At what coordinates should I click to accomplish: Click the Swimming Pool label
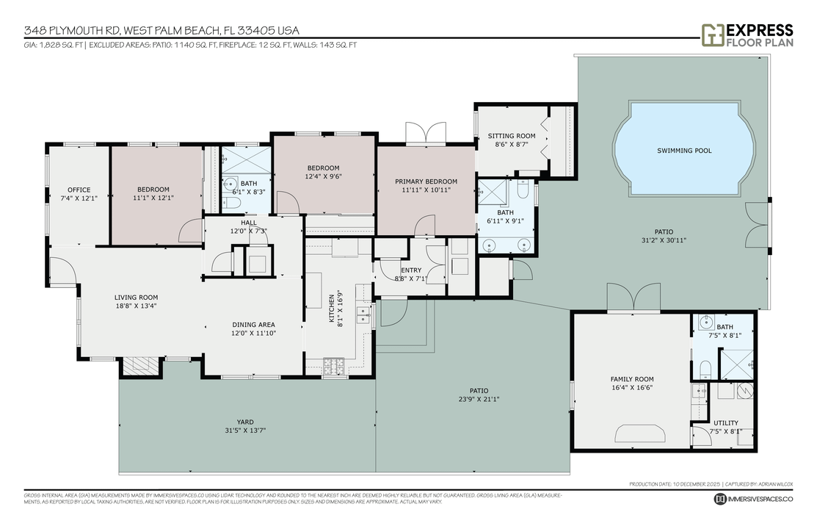pyautogui.click(x=684, y=151)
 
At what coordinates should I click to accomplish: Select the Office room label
pyautogui.click(x=79, y=190)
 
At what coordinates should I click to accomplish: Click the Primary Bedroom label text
pyautogui.click(x=426, y=181)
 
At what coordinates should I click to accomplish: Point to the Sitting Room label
pyautogui.click(x=512, y=136)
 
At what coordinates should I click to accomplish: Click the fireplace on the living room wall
pyautogui.click(x=139, y=366)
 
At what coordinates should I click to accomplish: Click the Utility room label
pyautogui.click(x=725, y=423)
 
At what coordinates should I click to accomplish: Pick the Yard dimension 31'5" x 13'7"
pyautogui.click(x=245, y=431)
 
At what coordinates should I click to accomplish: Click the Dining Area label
pyautogui.click(x=253, y=325)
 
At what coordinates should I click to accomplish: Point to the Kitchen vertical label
pyautogui.click(x=331, y=309)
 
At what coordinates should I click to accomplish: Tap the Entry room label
pyautogui.click(x=411, y=270)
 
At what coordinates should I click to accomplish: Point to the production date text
pyautogui.click(x=675, y=484)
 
